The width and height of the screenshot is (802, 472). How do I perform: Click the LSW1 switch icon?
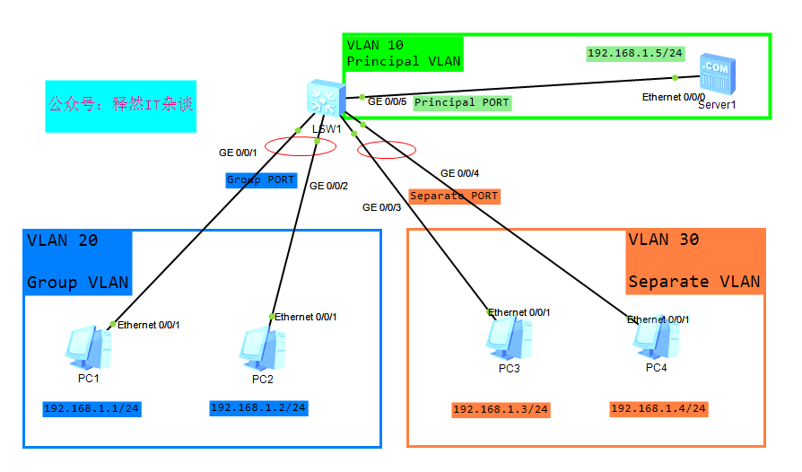[324, 99]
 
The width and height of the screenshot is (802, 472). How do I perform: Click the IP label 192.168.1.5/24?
[634, 54]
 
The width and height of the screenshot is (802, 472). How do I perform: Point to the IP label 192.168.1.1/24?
[92, 409]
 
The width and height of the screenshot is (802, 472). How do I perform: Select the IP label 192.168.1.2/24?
[258, 408]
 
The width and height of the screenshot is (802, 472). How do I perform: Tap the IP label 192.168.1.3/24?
[501, 410]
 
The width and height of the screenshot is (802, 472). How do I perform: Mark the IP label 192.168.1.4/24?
[658, 409]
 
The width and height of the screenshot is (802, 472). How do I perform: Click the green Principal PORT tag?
[462, 103]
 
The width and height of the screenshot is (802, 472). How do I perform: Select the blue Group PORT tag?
[260, 180]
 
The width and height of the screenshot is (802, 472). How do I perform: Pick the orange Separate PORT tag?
[454, 196]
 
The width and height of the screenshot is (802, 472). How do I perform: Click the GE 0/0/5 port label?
[388, 101]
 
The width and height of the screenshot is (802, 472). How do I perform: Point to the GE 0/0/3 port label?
[381, 207]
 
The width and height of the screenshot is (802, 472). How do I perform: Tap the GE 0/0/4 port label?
[459, 173]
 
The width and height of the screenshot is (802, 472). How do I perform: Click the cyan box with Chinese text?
[120, 105]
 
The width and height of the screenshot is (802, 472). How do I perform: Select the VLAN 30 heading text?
[663, 240]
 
